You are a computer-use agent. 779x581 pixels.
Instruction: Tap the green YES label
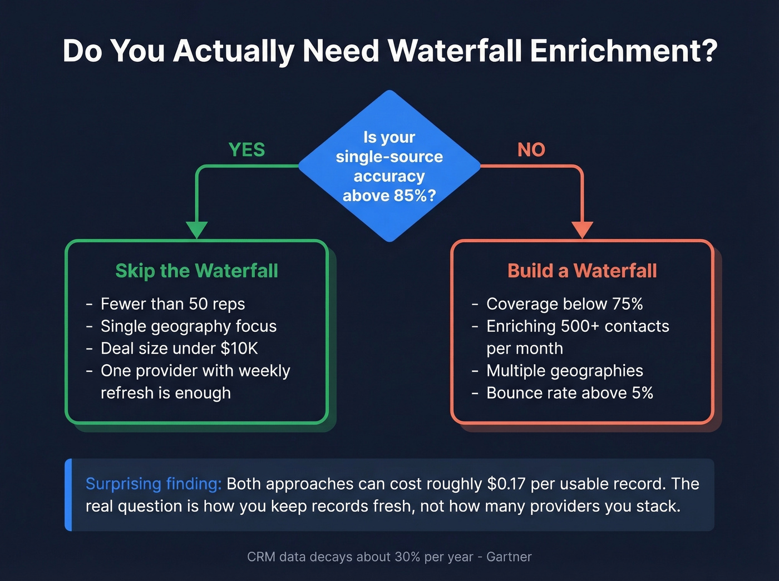246,150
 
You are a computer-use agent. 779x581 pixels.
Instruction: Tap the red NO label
531,150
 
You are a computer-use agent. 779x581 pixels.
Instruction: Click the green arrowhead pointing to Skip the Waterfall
196,230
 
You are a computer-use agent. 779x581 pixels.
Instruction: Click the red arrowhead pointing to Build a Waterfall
582,230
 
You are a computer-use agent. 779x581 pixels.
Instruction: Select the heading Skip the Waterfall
196,271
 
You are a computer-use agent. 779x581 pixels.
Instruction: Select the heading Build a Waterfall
582,271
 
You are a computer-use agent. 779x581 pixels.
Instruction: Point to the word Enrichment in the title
624,51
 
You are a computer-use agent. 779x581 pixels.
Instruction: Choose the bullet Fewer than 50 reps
172,304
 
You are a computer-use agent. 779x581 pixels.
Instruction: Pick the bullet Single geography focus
188,326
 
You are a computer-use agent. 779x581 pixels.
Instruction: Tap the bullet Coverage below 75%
564,304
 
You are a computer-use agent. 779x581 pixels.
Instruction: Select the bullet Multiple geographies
564,371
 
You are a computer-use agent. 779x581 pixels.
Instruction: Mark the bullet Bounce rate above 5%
569,393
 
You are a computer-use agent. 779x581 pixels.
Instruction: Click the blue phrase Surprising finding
153,484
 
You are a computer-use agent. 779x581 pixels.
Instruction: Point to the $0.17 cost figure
506,484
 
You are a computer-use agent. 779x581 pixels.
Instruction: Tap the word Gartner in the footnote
509,557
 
